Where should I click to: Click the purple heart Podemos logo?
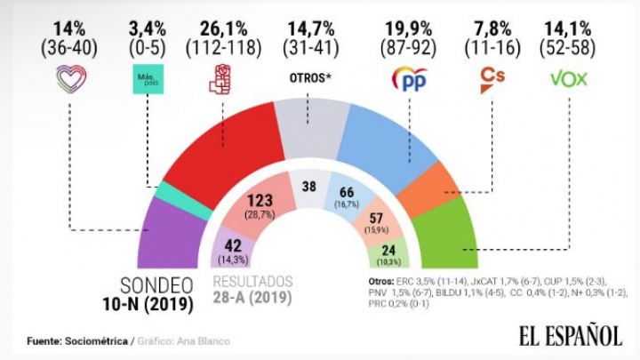click(x=70, y=80)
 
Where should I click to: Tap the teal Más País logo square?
click(x=147, y=75)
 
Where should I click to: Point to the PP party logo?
click(x=409, y=78)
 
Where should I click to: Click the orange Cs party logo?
click(x=492, y=77)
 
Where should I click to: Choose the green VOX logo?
click(x=569, y=78)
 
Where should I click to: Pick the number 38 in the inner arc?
click(x=308, y=188)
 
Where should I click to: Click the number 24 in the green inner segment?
click(x=388, y=251)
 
